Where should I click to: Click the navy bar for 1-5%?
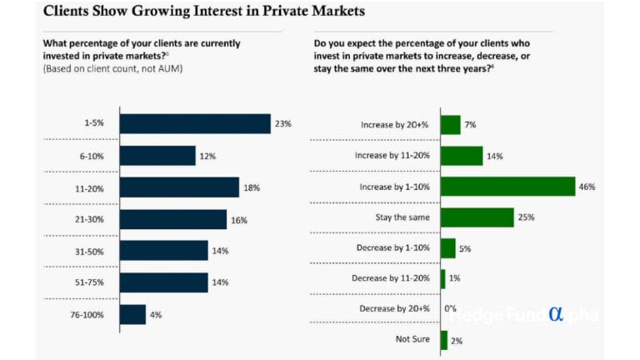tap(195, 124)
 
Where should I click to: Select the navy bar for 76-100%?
tap(132, 314)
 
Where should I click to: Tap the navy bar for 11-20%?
tap(179, 187)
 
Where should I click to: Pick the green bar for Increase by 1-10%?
tap(507, 187)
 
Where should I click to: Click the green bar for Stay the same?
tap(477, 217)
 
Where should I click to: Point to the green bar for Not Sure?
tap(444, 340)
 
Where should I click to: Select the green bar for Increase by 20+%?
tap(450, 125)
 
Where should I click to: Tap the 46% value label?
tap(587, 187)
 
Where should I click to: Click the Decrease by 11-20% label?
tap(391, 278)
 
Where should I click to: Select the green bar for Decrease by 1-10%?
tap(447, 248)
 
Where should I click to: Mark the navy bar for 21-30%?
tap(173, 219)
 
